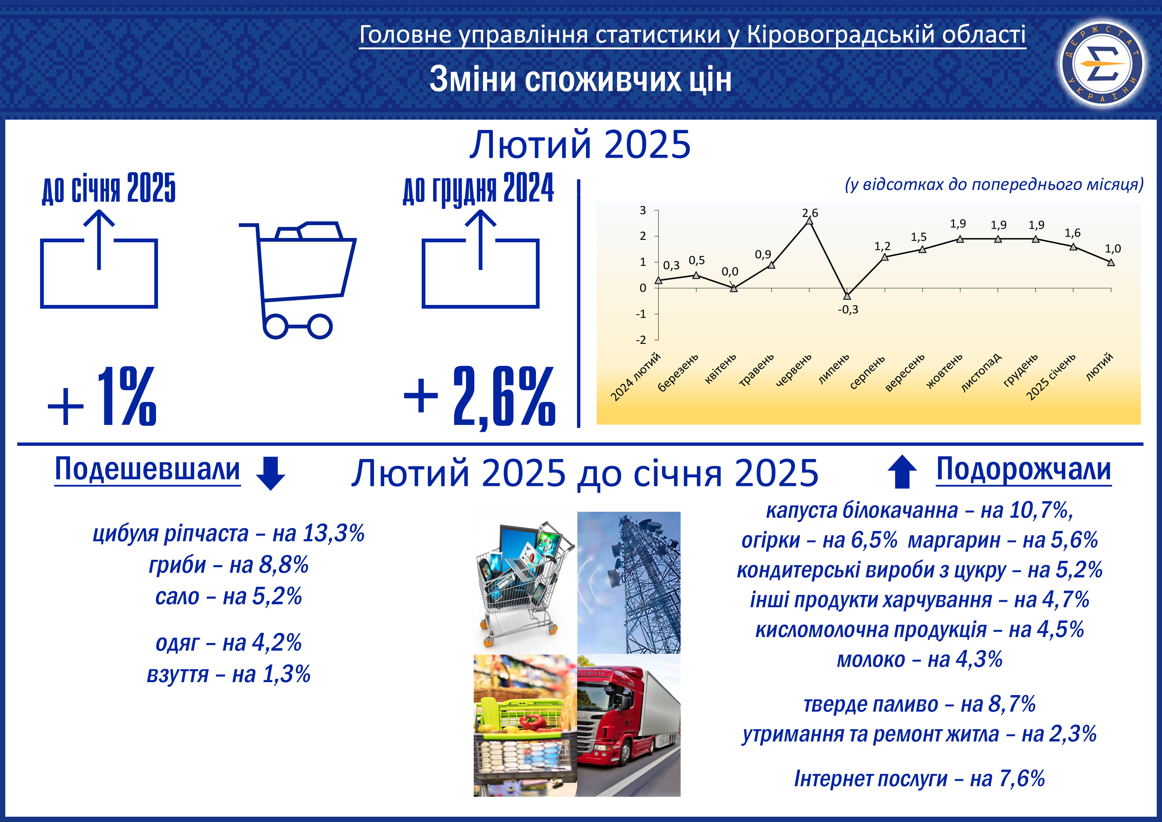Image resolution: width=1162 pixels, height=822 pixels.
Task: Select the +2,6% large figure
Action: click(x=479, y=396)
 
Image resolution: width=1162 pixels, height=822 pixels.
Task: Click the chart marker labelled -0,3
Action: click(x=847, y=296)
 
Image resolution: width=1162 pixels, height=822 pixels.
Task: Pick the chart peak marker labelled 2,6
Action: click(x=809, y=220)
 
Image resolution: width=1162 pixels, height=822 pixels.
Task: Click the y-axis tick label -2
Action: click(x=641, y=340)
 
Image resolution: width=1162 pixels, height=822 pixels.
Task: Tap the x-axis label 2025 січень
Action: click(x=1051, y=377)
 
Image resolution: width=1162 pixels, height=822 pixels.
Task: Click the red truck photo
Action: click(x=629, y=725)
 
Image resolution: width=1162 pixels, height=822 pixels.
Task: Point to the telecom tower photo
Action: click(x=629, y=582)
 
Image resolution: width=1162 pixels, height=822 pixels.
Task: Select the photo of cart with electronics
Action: click(x=525, y=582)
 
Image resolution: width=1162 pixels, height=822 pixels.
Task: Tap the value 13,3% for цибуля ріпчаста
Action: click(x=334, y=533)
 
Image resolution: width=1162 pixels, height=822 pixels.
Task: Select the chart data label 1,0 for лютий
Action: click(x=1113, y=249)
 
